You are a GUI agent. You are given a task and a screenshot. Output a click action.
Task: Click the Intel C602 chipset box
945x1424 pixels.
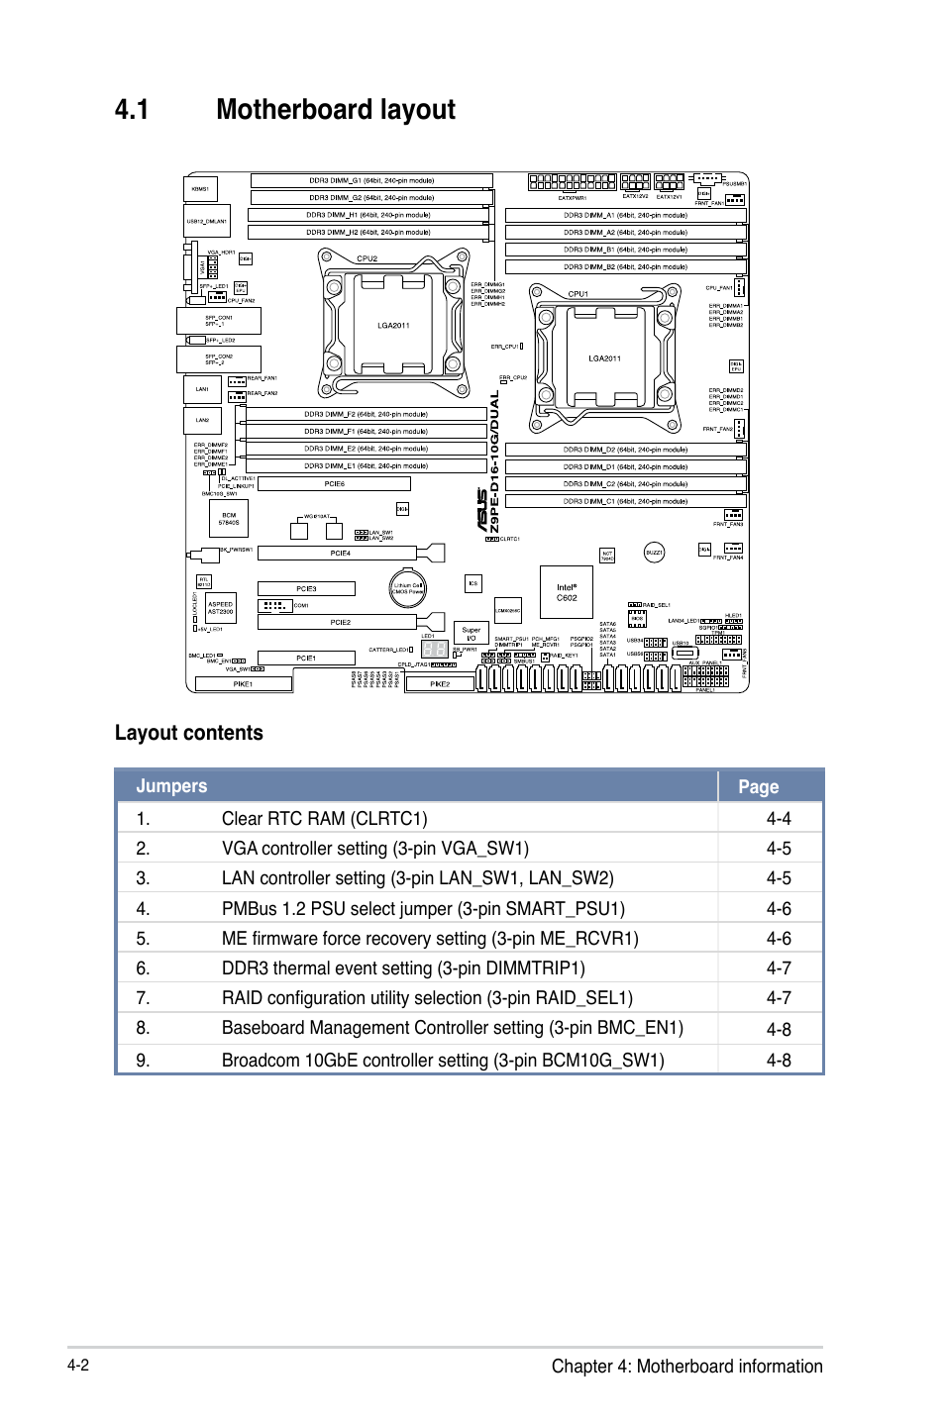[566, 592]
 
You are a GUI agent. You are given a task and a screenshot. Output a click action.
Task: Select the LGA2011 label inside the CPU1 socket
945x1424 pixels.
[604, 358]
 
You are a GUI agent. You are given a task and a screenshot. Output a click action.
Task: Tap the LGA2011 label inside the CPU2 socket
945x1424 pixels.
[393, 325]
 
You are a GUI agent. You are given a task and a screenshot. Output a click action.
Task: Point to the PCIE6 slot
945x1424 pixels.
[334, 484]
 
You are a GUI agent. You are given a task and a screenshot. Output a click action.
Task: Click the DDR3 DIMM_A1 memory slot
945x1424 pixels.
[625, 215]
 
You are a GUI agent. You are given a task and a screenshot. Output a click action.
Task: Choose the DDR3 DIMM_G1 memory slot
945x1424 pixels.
[371, 180]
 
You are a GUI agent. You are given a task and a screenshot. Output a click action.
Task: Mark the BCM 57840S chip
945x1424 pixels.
[229, 518]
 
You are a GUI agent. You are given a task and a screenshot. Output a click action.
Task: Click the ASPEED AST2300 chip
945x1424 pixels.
[220, 608]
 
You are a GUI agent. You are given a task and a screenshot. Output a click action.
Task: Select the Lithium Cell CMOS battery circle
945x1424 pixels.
[407, 588]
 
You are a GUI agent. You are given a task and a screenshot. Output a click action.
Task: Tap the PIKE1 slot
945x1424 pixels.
[243, 683]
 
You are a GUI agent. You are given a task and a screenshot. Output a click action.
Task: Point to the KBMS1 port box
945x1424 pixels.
[201, 188]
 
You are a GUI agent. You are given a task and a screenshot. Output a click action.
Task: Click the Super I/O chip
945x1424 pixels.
[471, 633]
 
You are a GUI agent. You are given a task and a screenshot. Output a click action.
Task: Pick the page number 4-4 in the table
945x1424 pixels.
[779, 819]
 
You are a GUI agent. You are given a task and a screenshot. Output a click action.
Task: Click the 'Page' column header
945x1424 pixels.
[759, 787]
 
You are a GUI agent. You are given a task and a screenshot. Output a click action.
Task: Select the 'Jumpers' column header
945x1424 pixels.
[171, 786]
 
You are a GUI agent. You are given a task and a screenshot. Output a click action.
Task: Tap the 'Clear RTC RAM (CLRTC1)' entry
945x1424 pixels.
[325, 819]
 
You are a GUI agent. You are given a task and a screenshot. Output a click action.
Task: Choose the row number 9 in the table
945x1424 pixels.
[143, 1060]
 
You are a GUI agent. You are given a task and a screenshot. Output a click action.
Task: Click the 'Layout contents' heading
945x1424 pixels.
[189, 733]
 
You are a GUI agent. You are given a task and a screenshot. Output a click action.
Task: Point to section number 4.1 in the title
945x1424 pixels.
[132, 110]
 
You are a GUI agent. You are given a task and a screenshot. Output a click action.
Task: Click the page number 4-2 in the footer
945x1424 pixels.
[78, 1365]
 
